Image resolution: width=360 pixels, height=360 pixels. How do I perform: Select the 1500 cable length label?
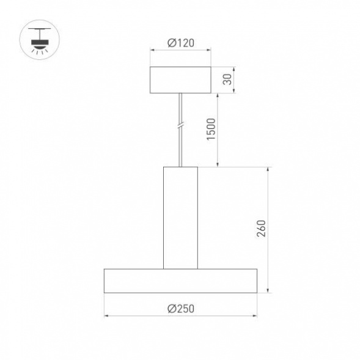click(x=211, y=129)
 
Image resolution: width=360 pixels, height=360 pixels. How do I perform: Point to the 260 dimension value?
click(x=261, y=229)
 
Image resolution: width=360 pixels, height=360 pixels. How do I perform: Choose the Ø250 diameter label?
click(x=180, y=309)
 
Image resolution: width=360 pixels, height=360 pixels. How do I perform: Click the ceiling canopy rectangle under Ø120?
click(x=180, y=79)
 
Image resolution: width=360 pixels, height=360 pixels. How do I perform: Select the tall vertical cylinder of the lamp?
click(x=180, y=217)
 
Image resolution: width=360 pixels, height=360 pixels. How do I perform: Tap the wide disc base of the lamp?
click(x=180, y=280)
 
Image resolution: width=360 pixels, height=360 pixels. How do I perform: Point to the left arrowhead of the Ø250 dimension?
click(x=106, y=316)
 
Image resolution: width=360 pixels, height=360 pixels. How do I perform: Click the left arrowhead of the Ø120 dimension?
click(x=152, y=51)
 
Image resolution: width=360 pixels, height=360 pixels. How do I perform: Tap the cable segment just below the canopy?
click(x=180, y=104)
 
